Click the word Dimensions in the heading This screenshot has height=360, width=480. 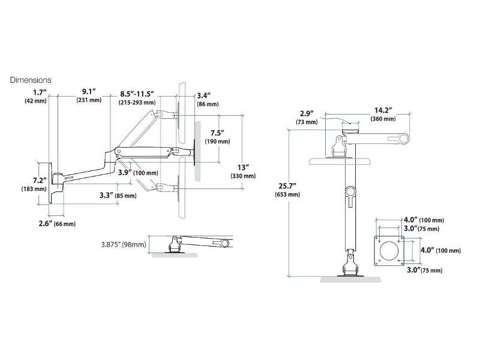(31, 80)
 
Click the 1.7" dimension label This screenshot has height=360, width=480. (40, 92)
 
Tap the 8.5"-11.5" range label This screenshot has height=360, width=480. (137, 94)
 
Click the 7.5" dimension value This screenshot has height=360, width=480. (217, 133)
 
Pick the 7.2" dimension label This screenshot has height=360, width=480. (40, 180)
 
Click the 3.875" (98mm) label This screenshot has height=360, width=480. (124, 244)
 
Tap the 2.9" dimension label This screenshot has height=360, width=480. (306, 113)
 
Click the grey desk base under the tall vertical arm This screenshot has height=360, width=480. (350, 279)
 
